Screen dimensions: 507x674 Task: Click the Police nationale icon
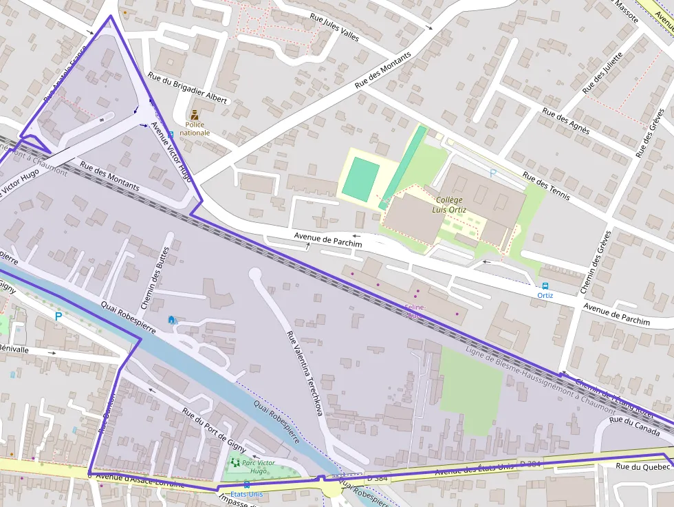(x=195, y=115)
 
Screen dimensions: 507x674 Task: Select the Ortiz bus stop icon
(x=545, y=285)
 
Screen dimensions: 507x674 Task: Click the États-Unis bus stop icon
(x=247, y=485)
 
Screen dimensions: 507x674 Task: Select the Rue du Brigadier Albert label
(x=187, y=89)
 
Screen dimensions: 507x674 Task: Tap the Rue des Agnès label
(x=565, y=121)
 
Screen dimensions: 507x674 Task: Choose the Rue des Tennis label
(x=546, y=186)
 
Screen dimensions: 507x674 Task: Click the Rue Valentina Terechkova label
(x=304, y=372)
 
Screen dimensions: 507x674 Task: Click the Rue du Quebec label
(x=642, y=466)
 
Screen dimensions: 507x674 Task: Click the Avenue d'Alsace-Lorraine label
(x=140, y=479)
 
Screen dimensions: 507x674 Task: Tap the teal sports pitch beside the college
(x=360, y=179)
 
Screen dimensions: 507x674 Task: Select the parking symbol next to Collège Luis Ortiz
(x=492, y=173)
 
